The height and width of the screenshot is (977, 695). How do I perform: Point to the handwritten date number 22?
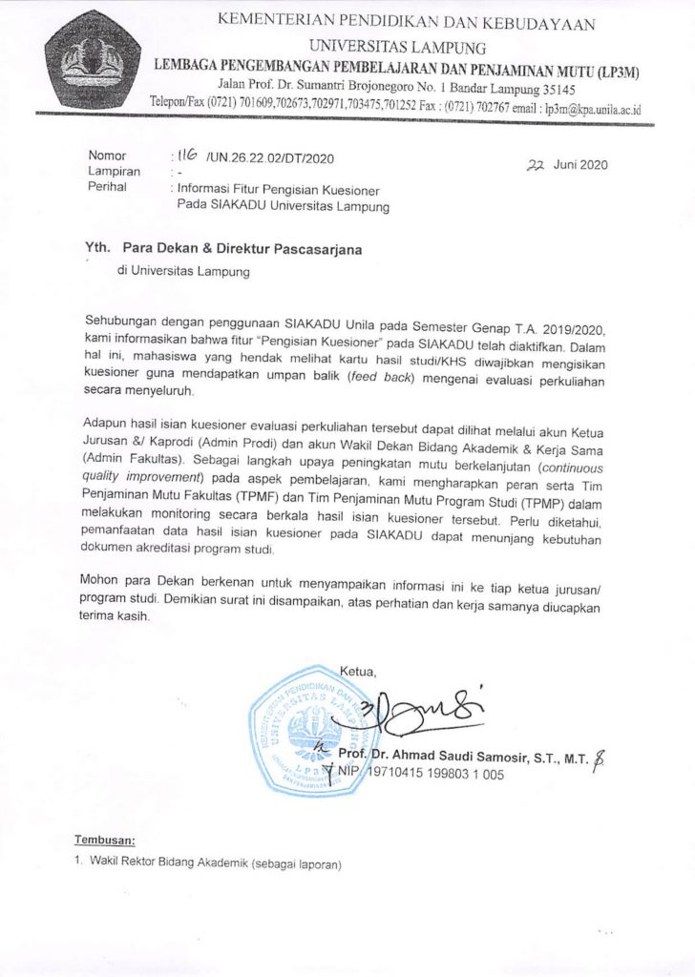(535, 164)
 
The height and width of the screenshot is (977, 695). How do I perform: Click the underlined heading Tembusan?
(105, 841)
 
